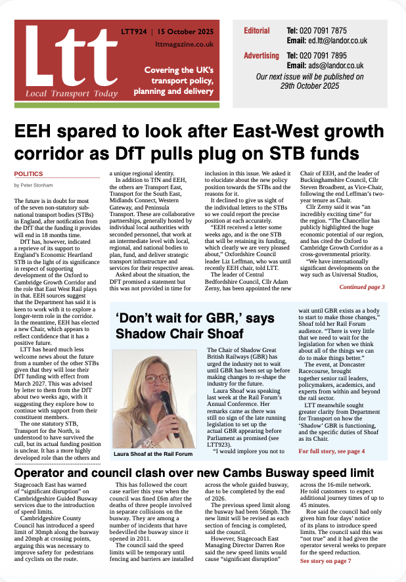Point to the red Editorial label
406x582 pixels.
(256, 31)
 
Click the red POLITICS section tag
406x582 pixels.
(28, 174)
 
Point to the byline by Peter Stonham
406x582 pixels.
(34, 186)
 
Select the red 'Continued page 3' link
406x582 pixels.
(362, 287)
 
